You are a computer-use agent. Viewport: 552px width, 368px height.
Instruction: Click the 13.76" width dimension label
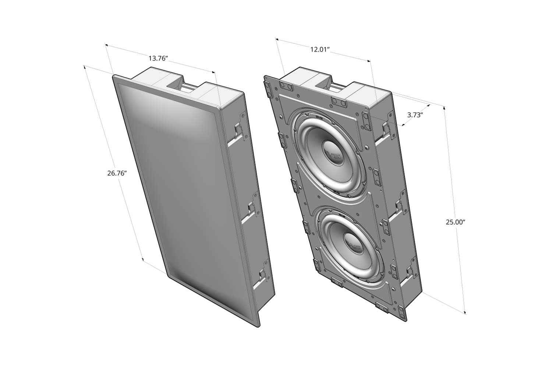(x=158, y=58)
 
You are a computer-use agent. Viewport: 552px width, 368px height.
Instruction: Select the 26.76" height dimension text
(x=117, y=173)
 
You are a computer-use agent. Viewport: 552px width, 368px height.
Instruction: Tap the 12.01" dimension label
(x=319, y=49)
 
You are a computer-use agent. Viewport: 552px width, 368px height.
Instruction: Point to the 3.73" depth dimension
(x=415, y=115)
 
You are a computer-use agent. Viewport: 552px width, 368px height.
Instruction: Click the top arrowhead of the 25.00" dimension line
(x=444, y=108)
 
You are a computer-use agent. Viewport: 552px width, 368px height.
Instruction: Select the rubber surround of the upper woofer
(x=305, y=125)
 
